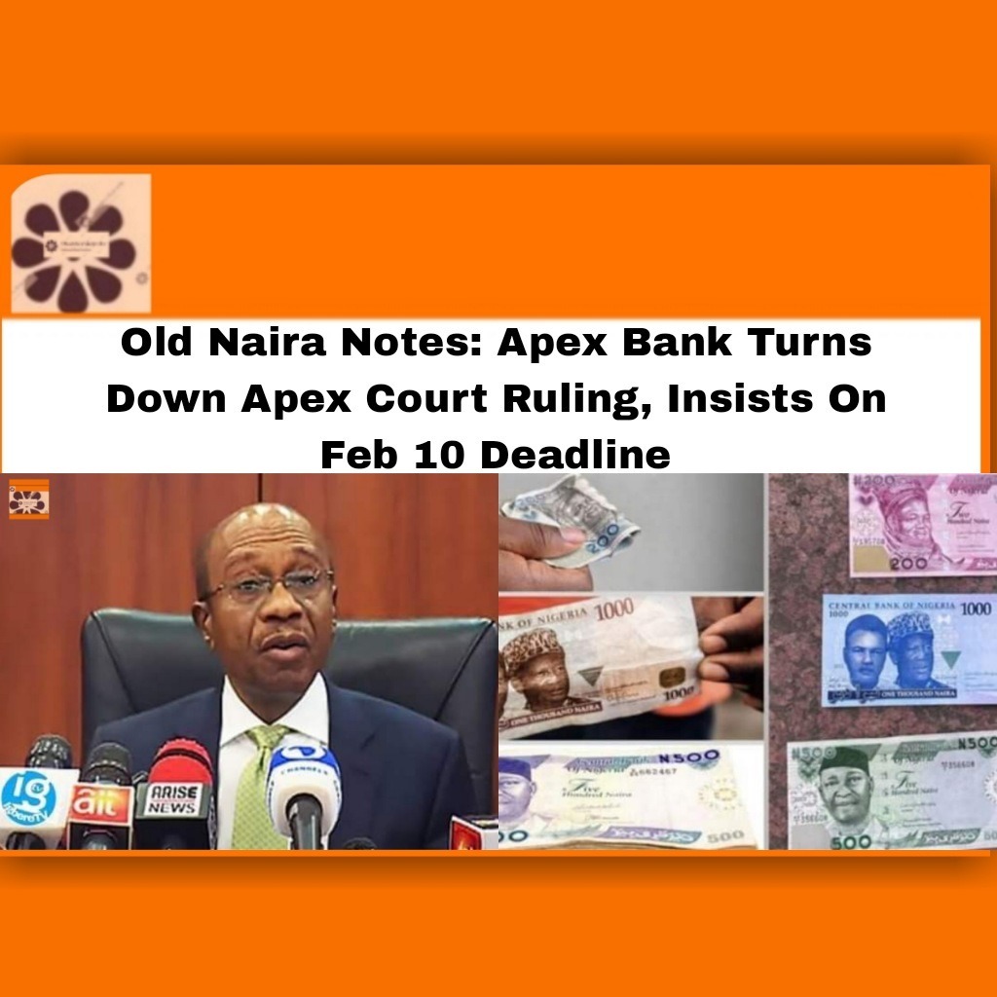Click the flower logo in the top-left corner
click(x=81, y=243)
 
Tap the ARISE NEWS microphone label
click(x=172, y=799)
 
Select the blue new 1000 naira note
click(x=908, y=649)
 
